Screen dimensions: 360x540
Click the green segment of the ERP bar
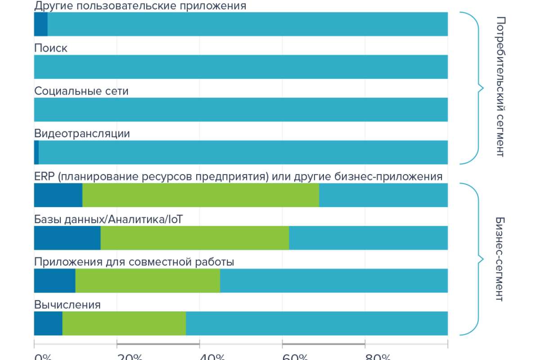point(201,195)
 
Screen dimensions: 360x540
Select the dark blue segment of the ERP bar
point(58,195)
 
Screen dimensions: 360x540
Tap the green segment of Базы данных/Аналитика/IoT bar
point(194,238)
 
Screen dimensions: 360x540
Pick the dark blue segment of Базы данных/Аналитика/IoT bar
point(67,238)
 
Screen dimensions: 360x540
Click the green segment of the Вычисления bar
point(124,324)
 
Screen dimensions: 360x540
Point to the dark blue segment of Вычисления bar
point(48,324)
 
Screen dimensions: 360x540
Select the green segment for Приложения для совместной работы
point(148,281)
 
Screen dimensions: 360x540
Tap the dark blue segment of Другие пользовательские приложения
point(40,24)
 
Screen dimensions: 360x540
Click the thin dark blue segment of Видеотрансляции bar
point(36,153)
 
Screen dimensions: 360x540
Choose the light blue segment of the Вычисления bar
point(317,324)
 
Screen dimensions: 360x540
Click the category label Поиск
point(51,48)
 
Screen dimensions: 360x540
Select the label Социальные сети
point(81,91)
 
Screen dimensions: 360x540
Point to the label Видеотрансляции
point(82,134)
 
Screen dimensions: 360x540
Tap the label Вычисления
point(67,305)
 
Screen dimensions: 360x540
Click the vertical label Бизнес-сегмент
point(499,259)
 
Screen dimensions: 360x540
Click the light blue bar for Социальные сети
point(241,110)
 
